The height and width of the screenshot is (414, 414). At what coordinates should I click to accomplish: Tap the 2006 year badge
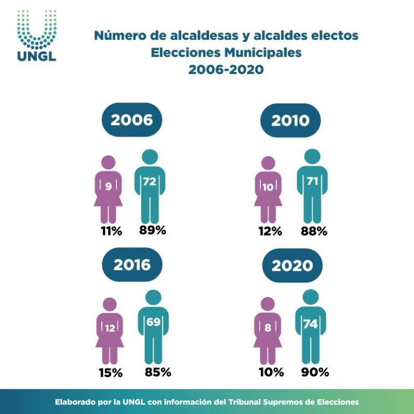coord(132,120)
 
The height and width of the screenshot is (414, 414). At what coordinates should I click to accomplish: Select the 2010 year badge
coord(290,120)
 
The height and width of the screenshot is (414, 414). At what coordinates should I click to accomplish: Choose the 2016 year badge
coord(132,265)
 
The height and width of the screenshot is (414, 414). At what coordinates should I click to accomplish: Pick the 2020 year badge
coord(292,265)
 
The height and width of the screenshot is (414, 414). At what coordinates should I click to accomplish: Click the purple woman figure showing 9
coord(108,189)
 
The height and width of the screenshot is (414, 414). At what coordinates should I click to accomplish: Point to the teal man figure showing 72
coord(149,186)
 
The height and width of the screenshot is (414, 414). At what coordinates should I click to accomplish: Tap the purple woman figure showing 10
coord(268,189)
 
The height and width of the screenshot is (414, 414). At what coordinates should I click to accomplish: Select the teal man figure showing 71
coord(312,186)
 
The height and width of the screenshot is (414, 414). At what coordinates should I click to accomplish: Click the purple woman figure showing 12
coord(109,330)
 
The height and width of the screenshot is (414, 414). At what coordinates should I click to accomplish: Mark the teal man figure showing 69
coord(153,326)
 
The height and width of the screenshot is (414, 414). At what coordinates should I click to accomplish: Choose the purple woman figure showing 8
coord(268,330)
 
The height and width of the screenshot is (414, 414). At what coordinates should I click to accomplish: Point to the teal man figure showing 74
coord(310,326)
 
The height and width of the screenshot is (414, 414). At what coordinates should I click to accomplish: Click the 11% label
coord(110,231)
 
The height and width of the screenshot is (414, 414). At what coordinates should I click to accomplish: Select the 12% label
coord(270,231)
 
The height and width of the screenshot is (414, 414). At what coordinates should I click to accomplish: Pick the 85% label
coord(157,372)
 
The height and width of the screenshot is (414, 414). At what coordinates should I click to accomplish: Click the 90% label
coord(315,372)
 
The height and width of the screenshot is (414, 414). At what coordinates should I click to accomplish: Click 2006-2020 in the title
coord(226,69)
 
